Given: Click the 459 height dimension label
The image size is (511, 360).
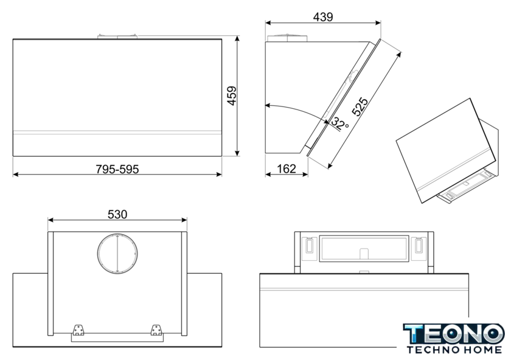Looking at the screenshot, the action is (x=232, y=96).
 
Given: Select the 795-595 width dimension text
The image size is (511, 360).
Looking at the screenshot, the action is (x=117, y=170).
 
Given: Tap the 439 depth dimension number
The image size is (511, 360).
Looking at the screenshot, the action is (x=323, y=17).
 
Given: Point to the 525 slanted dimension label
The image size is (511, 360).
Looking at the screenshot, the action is (x=360, y=106).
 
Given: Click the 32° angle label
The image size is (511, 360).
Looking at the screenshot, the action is (x=339, y=124).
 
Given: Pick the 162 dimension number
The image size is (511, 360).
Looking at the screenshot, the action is (x=287, y=169).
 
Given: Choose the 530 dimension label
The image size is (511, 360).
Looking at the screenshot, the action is (x=117, y=215).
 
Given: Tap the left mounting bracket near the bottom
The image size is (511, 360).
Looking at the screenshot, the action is (x=78, y=330).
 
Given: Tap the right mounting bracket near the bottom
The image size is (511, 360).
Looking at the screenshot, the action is (x=156, y=330).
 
